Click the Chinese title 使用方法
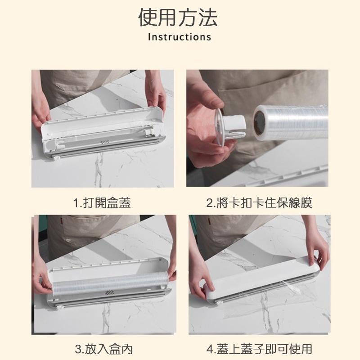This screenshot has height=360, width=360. [178, 18]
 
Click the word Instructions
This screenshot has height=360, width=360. [180, 37]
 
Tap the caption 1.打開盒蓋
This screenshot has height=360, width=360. [102, 203]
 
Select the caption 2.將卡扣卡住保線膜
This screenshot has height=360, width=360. [259, 203]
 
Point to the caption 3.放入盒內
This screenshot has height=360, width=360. [104, 349]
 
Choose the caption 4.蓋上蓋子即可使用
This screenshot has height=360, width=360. [259, 349]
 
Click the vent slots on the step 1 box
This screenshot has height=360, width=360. [105, 142]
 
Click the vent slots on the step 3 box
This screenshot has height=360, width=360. [110, 292]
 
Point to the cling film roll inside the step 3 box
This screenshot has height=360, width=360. [108, 282]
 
